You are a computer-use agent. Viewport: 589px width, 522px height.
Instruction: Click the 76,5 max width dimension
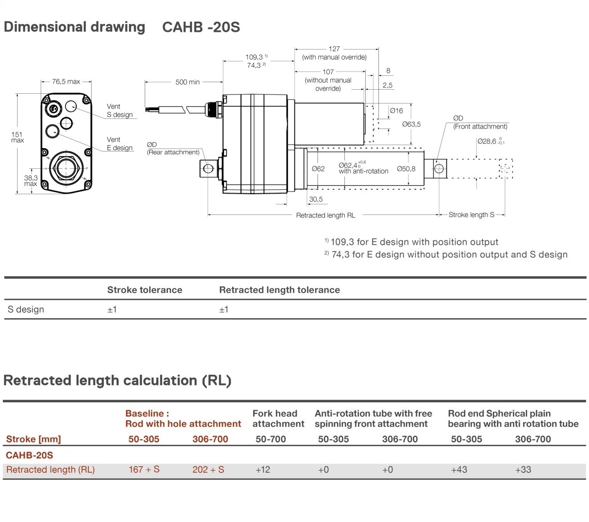(x=66, y=82)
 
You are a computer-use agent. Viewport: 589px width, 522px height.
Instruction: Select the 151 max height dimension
(x=17, y=137)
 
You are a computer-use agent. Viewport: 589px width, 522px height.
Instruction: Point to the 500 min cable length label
(x=187, y=82)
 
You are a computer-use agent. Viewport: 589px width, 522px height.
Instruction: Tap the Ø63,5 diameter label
(x=411, y=124)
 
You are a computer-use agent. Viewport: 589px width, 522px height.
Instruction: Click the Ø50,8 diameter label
(x=406, y=169)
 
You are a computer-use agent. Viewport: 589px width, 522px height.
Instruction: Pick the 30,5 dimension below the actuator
(x=315, y=199)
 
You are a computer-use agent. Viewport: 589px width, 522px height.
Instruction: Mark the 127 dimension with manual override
(x=334, y=49)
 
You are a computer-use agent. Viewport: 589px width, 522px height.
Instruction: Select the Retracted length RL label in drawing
(x=325, y=215)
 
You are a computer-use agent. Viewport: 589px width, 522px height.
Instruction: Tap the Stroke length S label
(x=471, y=215)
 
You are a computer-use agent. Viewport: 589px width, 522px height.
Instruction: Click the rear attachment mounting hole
(x=208, y=169)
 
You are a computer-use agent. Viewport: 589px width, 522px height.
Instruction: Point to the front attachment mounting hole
(x=438, y=169)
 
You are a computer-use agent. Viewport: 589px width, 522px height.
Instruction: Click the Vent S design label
(x=119, y=111)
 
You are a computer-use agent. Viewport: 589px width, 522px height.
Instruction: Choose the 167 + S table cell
(x=144, y=470)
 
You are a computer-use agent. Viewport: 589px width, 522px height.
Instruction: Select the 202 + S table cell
(x=208, y=470)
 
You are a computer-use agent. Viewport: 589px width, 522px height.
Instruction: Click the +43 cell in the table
(x=459, y=470)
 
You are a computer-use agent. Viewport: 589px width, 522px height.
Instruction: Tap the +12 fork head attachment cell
(x=263, y=470)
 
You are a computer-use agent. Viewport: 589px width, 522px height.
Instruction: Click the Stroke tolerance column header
(x=144, y=290)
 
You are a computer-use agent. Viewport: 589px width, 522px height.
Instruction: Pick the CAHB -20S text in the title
(x=201, y=27)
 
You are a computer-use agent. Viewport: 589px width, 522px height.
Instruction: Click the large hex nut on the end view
(x=66, y=169)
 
